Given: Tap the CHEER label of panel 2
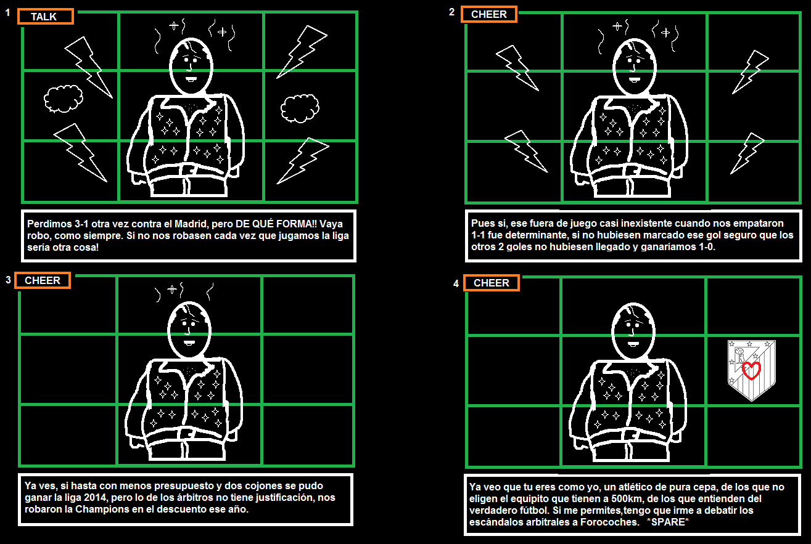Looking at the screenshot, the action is coord(489,14).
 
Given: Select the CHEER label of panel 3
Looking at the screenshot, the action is coord(43,280).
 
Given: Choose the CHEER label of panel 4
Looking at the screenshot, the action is coord(492,283).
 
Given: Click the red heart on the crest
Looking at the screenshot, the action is coord(751,370).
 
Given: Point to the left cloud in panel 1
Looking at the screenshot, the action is coord(64,99).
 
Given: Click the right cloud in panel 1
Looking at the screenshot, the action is coord(300,108).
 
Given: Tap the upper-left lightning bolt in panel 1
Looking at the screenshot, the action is coord(89,67).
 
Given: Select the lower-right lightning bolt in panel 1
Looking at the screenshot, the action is coord(303,161).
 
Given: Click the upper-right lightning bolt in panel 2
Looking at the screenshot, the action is coord(750,72).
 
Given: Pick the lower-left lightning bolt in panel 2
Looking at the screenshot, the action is coord(526,151).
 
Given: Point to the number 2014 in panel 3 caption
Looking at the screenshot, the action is coord(95,497).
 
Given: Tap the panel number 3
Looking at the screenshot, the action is coord(9,280).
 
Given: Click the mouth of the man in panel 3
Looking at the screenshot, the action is coord(189,343).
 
